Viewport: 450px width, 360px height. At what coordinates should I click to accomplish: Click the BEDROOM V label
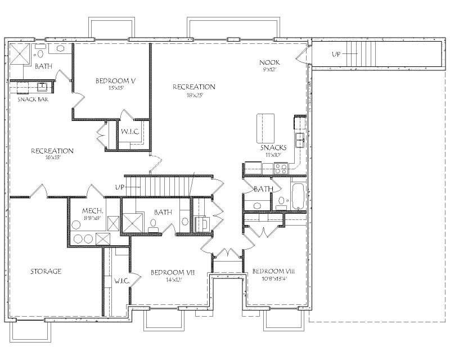[x=116, y=81]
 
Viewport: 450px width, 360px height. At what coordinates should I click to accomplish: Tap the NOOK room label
[x=269, y=62]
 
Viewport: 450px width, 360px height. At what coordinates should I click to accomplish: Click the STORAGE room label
[x=46, y=272]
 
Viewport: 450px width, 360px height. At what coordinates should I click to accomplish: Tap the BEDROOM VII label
[x=172, y=272]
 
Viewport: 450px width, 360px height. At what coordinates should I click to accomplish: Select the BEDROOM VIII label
[x=273, y=271]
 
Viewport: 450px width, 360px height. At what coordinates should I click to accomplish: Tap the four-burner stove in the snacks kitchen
[x=281, y=167]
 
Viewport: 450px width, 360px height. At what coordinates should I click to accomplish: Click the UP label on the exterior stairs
[x=336, y=55]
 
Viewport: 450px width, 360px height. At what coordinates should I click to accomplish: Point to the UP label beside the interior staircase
[x=119, y=187]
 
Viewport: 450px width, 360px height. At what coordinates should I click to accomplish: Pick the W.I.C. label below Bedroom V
[x=130, y=132]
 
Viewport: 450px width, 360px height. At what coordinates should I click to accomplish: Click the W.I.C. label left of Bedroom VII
[x=122, y=280]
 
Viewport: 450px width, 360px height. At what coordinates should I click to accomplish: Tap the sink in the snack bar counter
[x=42, y=87]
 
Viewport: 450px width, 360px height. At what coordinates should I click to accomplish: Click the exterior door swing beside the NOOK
[x=303, y=55]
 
